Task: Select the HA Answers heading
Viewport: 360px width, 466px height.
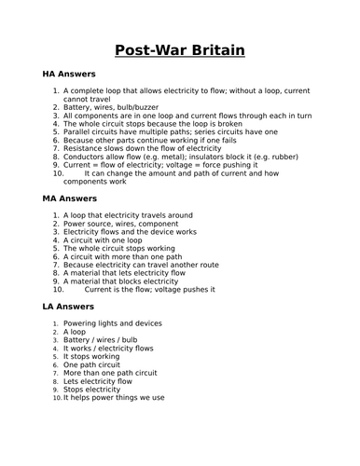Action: [69, 73]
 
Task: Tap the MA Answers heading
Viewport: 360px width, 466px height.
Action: [70, 199]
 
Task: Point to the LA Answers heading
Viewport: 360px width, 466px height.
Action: [69, 307]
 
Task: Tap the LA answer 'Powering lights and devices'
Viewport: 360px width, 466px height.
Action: [112, 323]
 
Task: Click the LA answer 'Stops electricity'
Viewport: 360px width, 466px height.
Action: [98, 389]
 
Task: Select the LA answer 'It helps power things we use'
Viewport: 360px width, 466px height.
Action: [114, 397]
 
